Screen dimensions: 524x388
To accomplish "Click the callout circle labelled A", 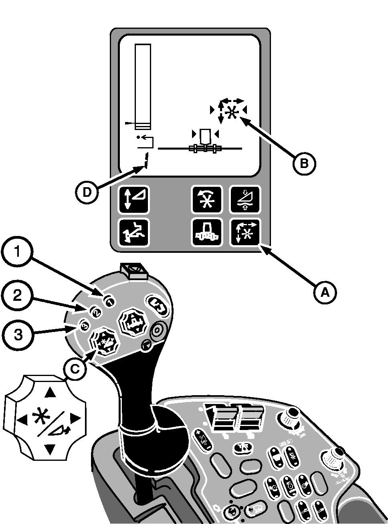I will (x=325, y=292).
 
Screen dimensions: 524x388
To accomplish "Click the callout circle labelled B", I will (x=303, y=163).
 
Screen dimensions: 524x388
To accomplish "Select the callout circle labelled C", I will (x=75, y=370).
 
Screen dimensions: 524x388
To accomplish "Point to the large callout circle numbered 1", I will (x=17, y=252).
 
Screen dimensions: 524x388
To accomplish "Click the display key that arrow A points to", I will (x=245, y=233).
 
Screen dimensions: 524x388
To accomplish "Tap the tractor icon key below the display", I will (x=206, y=233).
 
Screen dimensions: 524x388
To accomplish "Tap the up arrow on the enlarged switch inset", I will (x=50, y=393).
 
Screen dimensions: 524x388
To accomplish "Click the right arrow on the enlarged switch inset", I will (x=75, y=419).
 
